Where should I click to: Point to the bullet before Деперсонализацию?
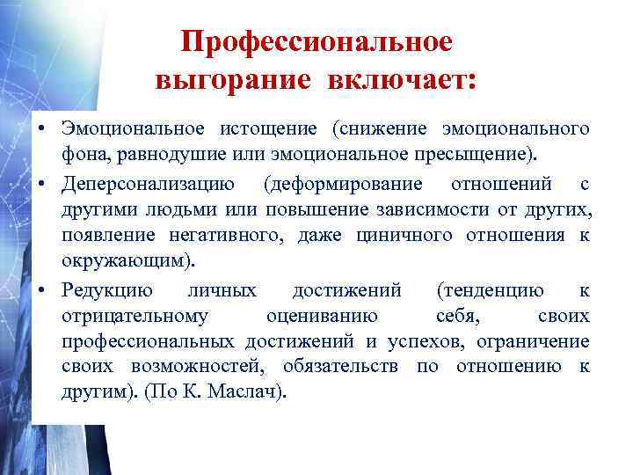42,185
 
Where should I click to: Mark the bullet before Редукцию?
42,291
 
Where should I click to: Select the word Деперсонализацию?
148,184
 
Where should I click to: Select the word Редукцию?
106,290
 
